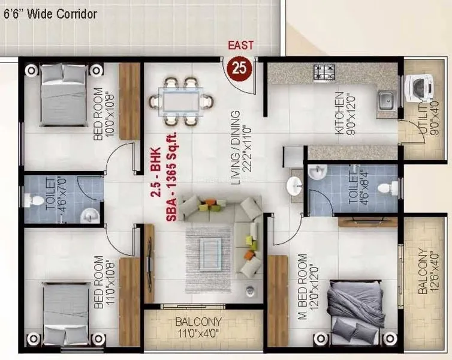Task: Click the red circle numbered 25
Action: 239,68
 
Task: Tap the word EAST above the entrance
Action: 240,46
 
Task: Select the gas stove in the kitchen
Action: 324,73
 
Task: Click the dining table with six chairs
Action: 181,101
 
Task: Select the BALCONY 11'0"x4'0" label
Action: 198,327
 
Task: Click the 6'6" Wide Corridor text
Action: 50,13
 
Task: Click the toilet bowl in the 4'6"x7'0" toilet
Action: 35,199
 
